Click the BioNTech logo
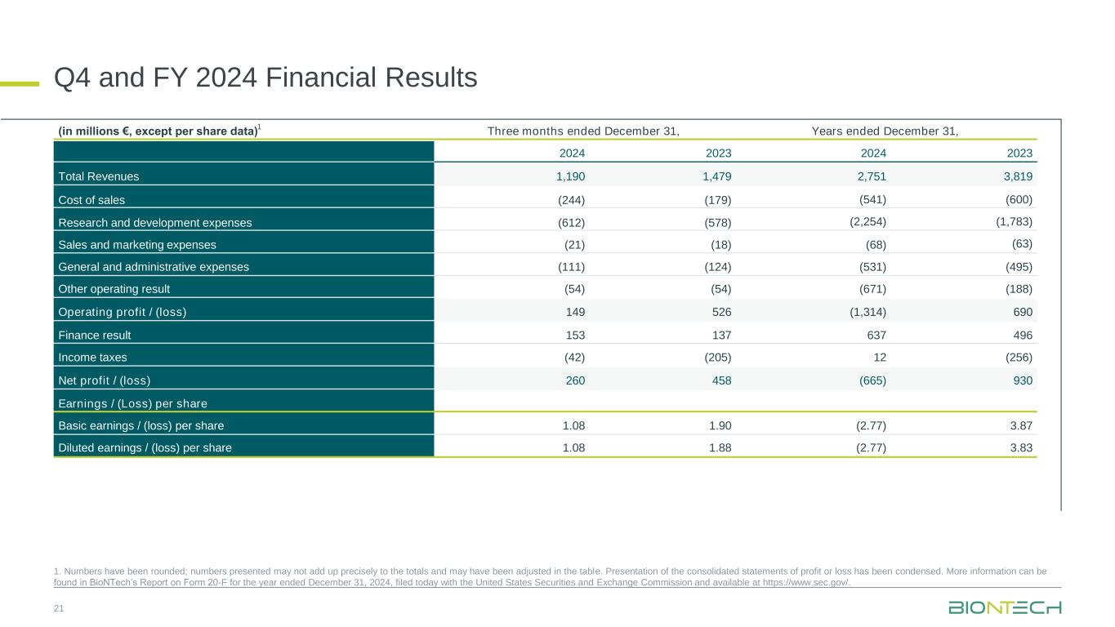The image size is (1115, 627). [x=1005, y=607]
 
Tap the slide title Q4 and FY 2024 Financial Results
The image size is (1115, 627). [x=265, y=78]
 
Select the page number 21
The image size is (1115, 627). [x=59, y=609]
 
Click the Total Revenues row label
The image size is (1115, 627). [x=99, y=176]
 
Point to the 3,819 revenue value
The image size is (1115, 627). [x=1016, y=176]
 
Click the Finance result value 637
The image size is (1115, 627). [x=875, y=335]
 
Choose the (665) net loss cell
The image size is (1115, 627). [x=870, y=380]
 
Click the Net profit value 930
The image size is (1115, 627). [x=1022, y=380]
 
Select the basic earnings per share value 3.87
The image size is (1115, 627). [x=1020, y=425]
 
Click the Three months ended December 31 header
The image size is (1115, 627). [x=583, y=131]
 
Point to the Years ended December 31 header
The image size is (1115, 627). [x=885, y=131]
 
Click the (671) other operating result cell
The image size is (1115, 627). [x=870, y=289]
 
